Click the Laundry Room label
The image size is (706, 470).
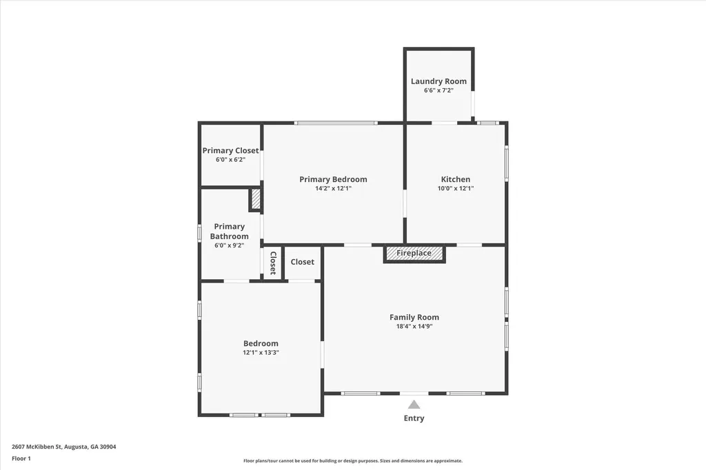click(438, 81)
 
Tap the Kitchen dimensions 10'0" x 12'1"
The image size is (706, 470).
click(456, 189)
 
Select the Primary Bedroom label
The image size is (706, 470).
click(333, 179)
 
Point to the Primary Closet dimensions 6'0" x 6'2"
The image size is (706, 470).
click(230, 160)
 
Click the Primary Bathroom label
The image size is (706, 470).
click(229, 232)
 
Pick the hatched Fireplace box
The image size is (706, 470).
click(414, 254)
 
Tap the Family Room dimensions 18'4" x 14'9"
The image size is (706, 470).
click(414, 327)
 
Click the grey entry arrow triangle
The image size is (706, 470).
click(414, 405)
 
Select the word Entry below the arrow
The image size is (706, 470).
click(414, 418)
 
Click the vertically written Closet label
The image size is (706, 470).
click(273, 263)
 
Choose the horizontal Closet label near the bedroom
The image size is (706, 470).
click(302, 262)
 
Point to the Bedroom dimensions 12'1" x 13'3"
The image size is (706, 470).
click(261, 353)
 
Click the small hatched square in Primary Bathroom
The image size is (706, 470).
click(255, 200)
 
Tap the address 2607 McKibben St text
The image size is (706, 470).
click(64, 447)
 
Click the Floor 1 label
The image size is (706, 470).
click(22, 458)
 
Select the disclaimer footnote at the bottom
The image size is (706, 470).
click(352, 461)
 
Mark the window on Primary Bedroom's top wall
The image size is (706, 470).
click(336, 123)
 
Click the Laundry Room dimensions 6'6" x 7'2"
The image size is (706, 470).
click(438, 90)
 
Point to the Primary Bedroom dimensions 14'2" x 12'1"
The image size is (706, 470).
click(333, 189)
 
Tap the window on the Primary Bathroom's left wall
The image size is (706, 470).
click(200, 232)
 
